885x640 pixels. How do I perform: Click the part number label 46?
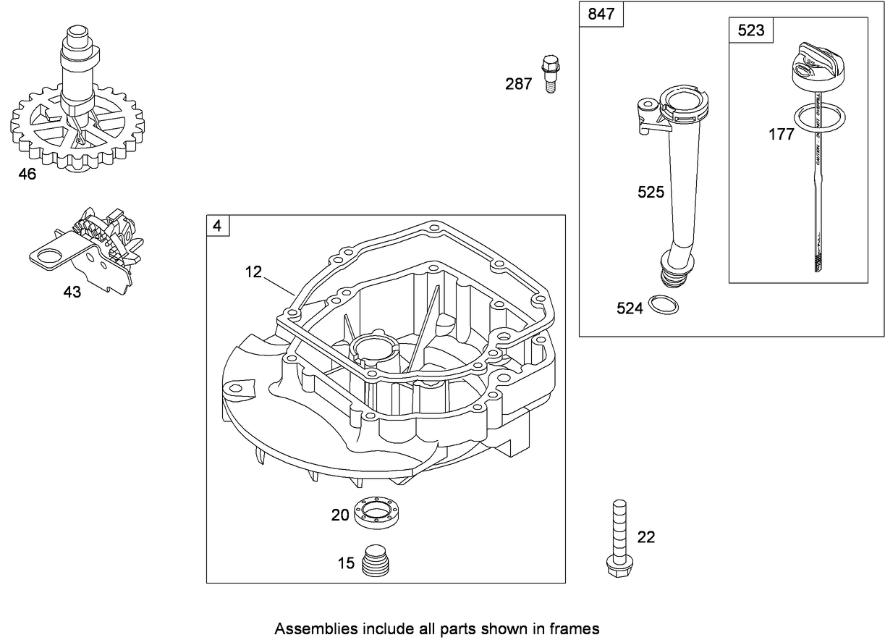[27, 174]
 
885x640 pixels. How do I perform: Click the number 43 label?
[72, 292]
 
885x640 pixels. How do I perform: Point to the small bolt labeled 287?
[550, 72]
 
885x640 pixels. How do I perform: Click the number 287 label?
[518, 85]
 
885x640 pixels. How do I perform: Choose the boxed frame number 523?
[750, 31]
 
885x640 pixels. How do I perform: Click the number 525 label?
[651, 193]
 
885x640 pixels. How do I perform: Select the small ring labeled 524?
[664, 305]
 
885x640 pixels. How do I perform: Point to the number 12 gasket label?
[253, 271]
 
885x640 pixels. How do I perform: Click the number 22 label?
[646, 537]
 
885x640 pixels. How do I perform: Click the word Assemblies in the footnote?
[309, 629]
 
